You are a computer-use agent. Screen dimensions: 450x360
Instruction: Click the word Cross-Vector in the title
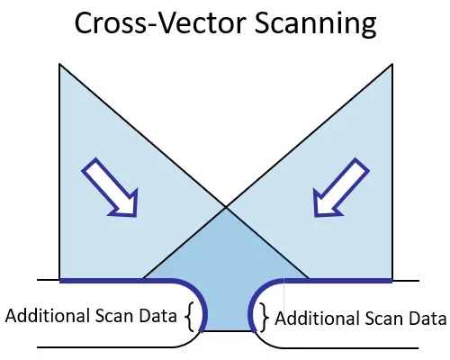[x=160, y=23]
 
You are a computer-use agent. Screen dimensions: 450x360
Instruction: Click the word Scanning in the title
[x=315, y=24]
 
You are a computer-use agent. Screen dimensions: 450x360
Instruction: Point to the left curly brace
[x=189, y=317]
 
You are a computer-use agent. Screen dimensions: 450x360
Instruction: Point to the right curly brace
[x=264, y=317]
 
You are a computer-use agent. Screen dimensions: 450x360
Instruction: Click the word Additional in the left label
[x=48, y=316]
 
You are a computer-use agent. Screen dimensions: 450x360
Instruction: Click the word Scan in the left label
[x=114, y=316]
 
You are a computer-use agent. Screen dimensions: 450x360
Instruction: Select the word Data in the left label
[x=158, y=316]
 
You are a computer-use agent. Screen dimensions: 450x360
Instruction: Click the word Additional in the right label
[x=318, y=318]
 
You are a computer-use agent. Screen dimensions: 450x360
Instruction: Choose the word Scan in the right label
[x=384, y=319]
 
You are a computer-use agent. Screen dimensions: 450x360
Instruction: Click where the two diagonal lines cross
[x=226, y=207]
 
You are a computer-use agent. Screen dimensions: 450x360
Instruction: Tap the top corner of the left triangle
[x=59, y=64]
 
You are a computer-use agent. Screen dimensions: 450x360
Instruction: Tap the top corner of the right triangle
[x=392, y=64]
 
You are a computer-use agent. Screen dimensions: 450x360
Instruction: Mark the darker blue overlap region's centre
[x=227, y=270]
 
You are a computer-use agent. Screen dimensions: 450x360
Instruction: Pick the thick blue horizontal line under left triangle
[x=115, y=281]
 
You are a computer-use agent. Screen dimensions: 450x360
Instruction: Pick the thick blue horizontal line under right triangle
[x=338, y=281]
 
